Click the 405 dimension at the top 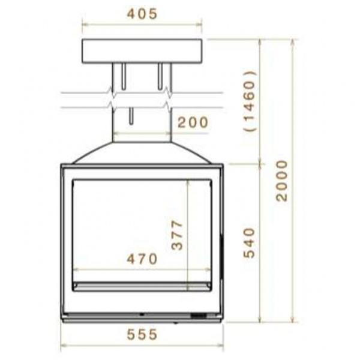coord(142,14)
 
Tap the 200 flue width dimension coord(193,122)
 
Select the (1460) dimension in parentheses coord(250,101)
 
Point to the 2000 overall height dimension coord(282,181)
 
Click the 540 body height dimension coord(250,243)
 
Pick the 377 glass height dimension coord(177,235)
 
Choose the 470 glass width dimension coord(142,259)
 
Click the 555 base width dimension coord(142,334)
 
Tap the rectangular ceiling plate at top coord(142,51)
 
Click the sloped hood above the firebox coord(142,152)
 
